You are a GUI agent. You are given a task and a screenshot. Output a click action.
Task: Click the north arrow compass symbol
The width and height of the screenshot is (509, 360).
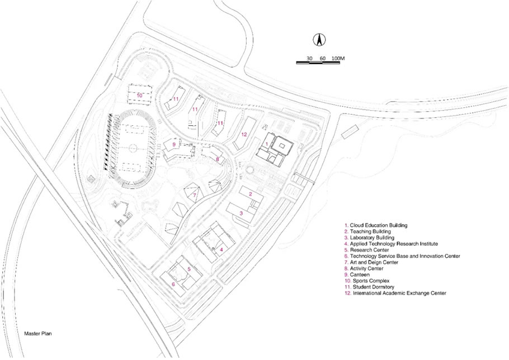319,40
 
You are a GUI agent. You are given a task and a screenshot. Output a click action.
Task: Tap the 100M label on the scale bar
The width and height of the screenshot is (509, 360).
338,58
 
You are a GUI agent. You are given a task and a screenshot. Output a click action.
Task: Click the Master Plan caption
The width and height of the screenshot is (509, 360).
38,333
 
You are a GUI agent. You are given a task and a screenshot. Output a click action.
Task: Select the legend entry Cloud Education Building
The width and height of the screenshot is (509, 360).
376,225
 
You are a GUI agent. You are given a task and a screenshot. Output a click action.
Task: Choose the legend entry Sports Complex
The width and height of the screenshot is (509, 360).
367,281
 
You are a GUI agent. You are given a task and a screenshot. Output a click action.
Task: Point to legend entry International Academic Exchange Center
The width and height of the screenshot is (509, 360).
395,293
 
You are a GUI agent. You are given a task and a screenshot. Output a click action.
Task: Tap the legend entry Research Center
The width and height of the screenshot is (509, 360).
367,250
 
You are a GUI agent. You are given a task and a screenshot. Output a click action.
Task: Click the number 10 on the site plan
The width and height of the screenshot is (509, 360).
140,96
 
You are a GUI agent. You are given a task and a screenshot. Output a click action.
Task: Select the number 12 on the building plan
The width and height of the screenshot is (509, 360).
244,134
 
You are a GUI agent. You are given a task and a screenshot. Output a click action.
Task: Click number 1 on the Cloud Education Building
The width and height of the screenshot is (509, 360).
266,143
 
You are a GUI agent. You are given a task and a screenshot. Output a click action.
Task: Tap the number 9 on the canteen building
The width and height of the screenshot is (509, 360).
174,144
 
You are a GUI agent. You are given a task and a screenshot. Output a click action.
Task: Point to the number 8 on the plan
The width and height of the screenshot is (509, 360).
218,159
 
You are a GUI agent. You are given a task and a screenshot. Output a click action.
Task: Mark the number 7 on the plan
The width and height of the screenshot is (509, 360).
195,195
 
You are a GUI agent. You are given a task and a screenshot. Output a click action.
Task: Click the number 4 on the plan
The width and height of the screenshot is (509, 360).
221,249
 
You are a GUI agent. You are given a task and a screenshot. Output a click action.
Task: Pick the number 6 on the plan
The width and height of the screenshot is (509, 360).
173,285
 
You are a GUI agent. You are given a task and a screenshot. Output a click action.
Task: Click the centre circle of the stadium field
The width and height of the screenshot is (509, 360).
133,148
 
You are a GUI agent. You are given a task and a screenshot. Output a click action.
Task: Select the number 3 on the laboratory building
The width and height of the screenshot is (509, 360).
241,213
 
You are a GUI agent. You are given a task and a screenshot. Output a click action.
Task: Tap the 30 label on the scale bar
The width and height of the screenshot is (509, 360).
309,58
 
